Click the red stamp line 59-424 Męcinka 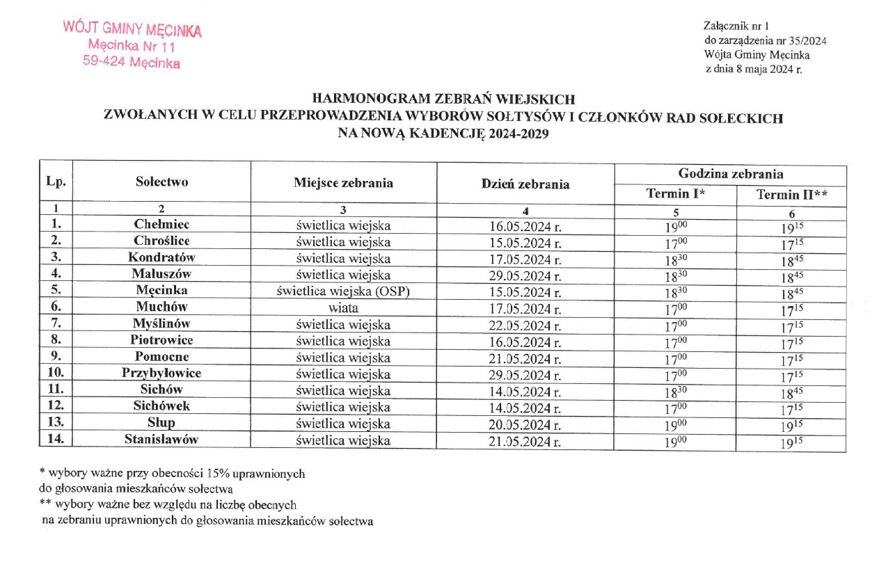(131, 63)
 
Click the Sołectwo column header (161, 182)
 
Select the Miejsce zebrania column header (343, 184)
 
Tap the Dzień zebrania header (525, 184)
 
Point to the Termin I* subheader (675, 195)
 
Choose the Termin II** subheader (792, 195)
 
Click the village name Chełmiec (161, 225)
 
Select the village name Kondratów (161, 257)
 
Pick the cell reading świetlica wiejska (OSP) (343, 291)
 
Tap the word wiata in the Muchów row (343, 307)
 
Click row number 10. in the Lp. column (56, 374)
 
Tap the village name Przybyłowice (161, 374)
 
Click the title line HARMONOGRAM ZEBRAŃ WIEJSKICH (443, 99)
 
